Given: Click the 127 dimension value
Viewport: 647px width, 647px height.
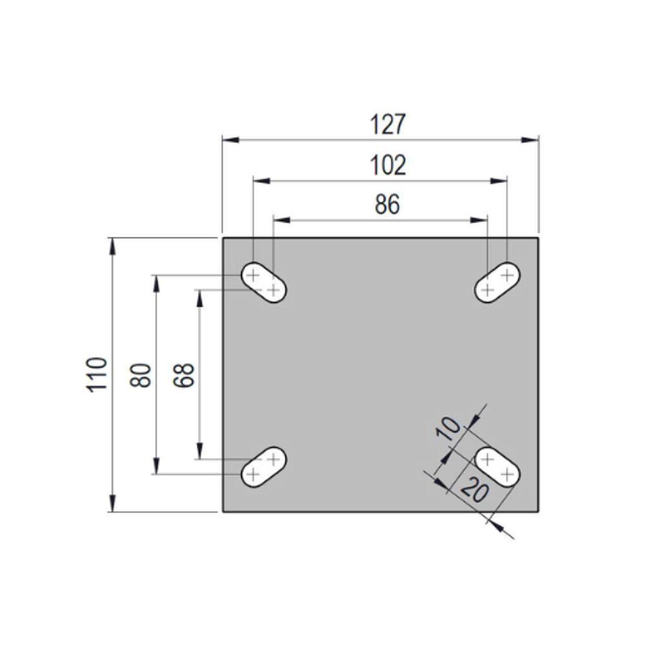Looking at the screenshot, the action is (388, 124).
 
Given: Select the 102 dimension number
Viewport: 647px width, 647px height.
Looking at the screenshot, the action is (388, 165).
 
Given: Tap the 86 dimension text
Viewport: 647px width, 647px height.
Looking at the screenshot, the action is (388, 204).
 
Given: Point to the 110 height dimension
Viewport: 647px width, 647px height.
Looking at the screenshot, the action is (96, 375).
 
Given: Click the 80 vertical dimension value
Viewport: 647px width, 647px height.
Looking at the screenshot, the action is (140, 375).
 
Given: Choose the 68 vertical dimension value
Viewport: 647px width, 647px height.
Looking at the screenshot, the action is (184, 375).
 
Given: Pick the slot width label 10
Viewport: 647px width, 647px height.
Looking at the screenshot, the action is (448, 429).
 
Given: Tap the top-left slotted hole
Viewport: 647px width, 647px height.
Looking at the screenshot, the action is (264, 283).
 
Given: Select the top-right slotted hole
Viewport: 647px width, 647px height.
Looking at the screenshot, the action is (497, 283).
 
